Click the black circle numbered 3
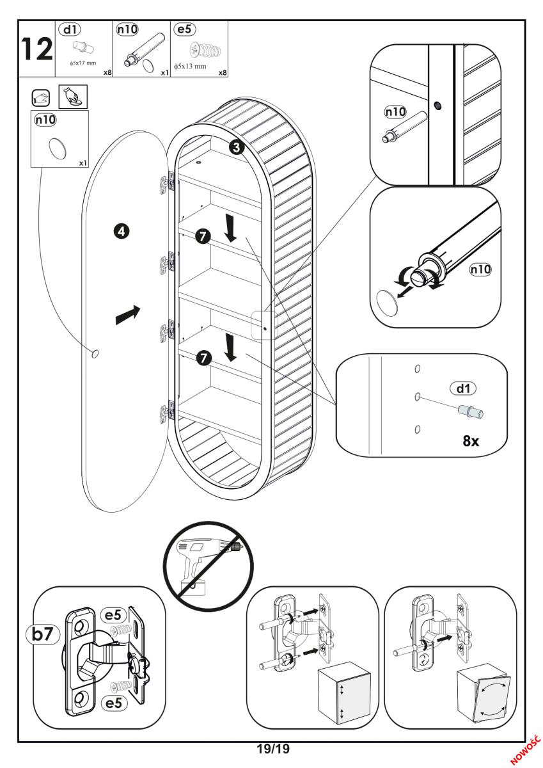(236, 148)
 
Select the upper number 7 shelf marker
(203, 237)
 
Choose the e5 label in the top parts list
(184, 29)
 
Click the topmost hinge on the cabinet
(166, 182)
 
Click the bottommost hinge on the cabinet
(166, 410)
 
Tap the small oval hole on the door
(95, 353)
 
